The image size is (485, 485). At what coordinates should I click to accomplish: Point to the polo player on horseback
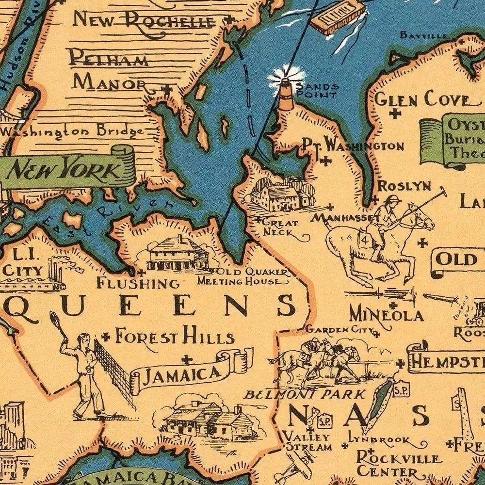coord(383,228)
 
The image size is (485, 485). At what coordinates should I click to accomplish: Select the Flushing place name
coord(138,282)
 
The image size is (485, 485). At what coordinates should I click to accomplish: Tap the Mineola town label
coord(386,314)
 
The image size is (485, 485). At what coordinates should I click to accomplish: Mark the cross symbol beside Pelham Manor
coord(167,89)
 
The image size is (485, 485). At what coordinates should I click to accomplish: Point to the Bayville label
coord(417,35)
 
